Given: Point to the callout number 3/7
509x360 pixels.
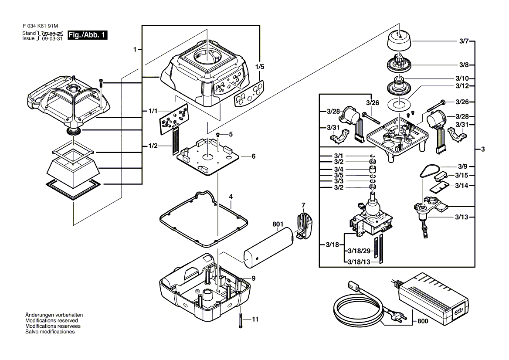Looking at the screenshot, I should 463,41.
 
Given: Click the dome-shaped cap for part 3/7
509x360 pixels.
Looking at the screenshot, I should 399,42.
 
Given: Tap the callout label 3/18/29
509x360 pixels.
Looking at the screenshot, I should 359,252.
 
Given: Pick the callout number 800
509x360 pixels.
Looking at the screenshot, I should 422,321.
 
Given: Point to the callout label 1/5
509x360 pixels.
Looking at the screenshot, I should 260,67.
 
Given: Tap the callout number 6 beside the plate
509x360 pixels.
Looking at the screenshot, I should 253,156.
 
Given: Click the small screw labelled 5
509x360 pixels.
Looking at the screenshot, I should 217,136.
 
